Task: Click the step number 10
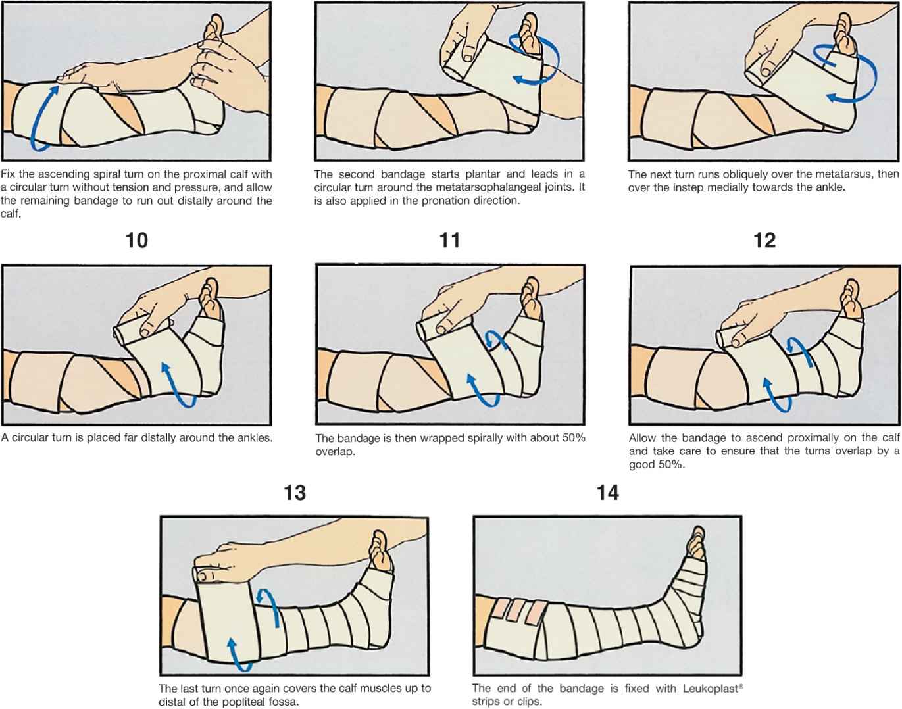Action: pos(136,241)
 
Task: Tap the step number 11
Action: pos(449,241)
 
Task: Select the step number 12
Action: pos(764,241)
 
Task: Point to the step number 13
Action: pos(294,493)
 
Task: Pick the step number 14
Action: pos(607,493)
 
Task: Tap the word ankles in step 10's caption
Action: pos(251,438)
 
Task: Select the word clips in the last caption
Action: pos(529,702)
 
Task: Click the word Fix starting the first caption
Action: pos(9,174)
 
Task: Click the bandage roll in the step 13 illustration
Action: pos(221,612)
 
